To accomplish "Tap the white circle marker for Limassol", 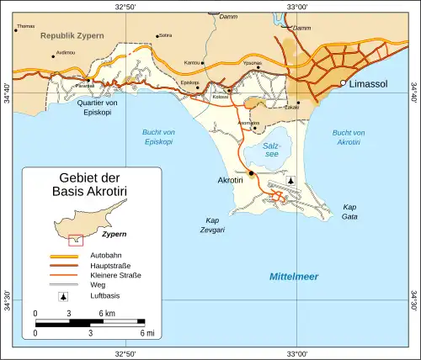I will coord(344,83).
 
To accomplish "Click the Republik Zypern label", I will coord(75,38).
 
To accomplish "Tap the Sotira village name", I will coord(165,35).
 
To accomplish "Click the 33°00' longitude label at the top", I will coord(297,7).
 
